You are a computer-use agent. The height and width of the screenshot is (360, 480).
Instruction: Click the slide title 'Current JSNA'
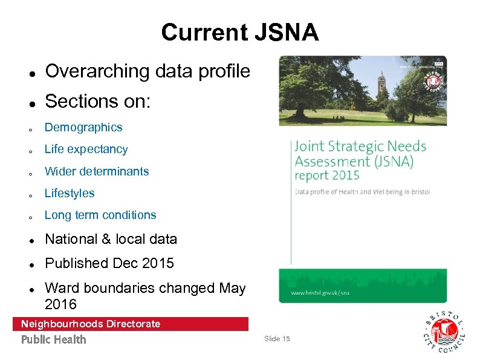pyautogui.click(x=239, y=32)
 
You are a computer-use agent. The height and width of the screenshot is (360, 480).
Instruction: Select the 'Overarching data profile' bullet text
pyautogui.click(x=147, y=71)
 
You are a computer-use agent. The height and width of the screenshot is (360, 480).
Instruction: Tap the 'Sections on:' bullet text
pyautogui.click(x=98, y=101)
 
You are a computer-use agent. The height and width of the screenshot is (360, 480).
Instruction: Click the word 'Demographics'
pyautogui.click(x=83, y=128)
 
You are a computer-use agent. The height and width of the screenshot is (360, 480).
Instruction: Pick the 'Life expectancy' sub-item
pyautogui.click(x=86, y=149)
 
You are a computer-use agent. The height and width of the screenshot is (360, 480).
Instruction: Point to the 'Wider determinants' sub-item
pyautogui.click(x=97, y=171)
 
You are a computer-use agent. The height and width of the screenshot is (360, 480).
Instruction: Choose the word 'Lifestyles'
pyautogui.click(x=70, y=194)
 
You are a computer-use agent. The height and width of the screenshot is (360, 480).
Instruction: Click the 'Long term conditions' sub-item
pyautogui.click(x=100, y=215)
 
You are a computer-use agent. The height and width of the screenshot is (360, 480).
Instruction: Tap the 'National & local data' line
pyautogui.click(x=111, y=239)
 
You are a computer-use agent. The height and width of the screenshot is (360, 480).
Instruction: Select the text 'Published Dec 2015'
pyautogui.click(x=109, y=263)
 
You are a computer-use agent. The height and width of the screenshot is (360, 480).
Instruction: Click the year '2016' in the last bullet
pyautogui.click(x=60, y=303)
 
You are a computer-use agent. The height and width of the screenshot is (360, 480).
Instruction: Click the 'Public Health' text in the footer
pyautogui.click(x=54, y=339)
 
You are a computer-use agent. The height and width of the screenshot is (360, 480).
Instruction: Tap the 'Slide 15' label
pyautogui.click(x=277, y=339)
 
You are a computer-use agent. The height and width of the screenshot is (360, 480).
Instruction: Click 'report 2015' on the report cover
pyautogui.click(x=327, y=176)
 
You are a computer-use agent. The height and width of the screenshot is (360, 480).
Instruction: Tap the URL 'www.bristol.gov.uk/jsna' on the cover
pyautogui.click(x=320, y=292)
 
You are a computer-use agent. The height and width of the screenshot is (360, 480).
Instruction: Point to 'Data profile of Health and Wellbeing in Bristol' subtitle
pyautogui.click(x=362, y=192)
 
